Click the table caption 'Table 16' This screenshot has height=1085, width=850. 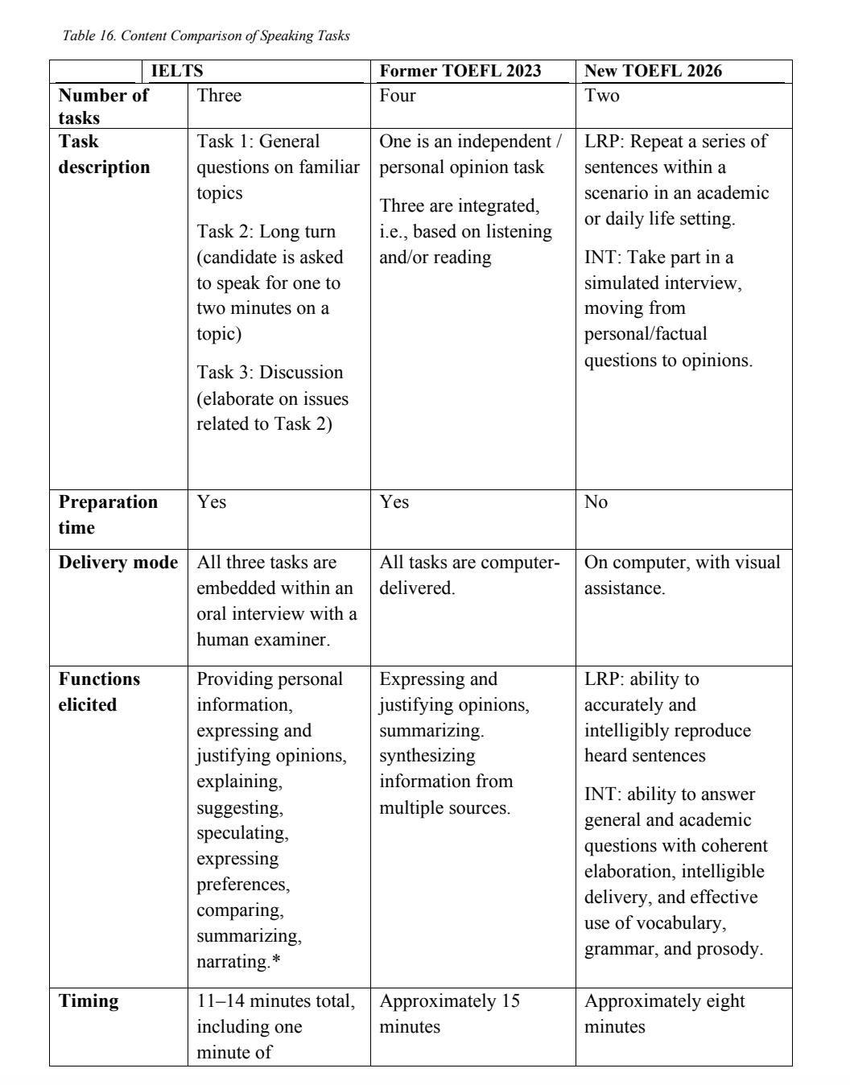tap(205, 36)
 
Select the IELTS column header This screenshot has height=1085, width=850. tap(177, 71)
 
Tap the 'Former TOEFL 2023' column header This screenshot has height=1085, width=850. tap(460, 71)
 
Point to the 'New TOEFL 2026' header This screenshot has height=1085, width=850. tap(653, 71)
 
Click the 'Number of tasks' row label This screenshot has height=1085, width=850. tap(103, 106)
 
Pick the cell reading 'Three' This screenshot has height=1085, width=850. tap(219, 96)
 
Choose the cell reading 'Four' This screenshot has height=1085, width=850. tap(398, 96)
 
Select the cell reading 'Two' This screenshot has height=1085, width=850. tap(602, 96)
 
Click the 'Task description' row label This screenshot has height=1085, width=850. tap(104, 154)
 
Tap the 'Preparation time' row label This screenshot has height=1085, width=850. tap(108, 514)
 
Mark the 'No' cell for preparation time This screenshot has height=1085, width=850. tap(596, 502)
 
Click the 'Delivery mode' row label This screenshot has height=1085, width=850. tap(118, 563)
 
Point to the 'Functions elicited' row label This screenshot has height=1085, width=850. tap(99, 691)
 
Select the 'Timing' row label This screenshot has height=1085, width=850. tap(89, 1001)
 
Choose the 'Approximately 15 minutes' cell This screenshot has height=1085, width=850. tap(449, 1013)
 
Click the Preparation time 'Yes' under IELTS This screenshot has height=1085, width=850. tap(212, 502)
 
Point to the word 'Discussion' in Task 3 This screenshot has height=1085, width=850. tap(301, 373)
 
